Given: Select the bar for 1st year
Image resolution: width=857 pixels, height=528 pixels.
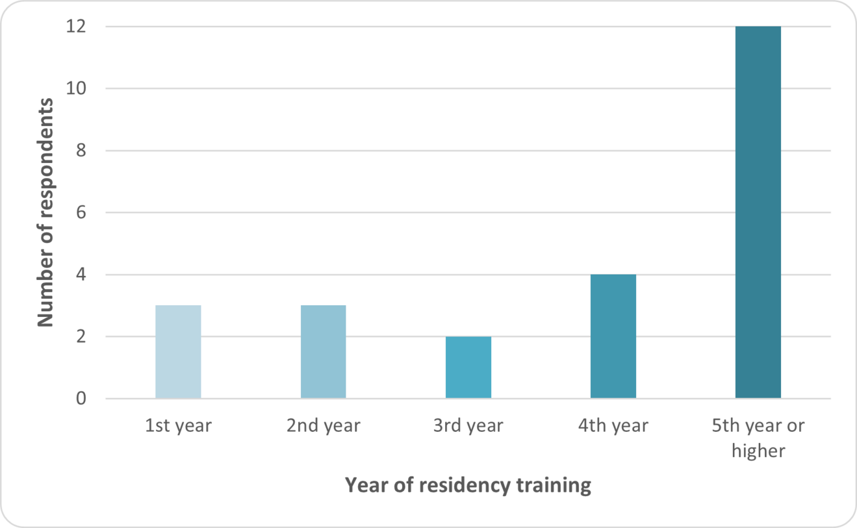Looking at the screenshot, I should point(178,351).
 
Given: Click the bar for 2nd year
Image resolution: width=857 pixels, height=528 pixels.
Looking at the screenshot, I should point(323,351).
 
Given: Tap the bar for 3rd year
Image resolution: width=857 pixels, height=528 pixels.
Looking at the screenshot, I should point(468,367).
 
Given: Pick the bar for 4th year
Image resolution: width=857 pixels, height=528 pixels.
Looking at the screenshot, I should point(613,336).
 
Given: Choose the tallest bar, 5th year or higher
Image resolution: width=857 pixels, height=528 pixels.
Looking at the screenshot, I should point(758,212).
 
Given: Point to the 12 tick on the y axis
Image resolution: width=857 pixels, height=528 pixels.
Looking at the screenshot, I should point(76,27).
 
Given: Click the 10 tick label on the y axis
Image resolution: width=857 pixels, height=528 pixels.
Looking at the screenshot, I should point(76,88).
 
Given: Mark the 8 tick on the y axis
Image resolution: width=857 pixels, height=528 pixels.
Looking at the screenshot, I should point(79,151).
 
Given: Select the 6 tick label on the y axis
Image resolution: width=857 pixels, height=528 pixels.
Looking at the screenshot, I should point(79,212).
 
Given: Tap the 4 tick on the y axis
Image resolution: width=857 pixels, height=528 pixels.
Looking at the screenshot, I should point(79,275).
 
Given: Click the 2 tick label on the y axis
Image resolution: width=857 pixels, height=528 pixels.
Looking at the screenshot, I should point(79,336).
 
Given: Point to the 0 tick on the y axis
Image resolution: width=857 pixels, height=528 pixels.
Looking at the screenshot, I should point(79,398).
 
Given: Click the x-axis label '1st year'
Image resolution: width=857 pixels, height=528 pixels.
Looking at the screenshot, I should point(178,426).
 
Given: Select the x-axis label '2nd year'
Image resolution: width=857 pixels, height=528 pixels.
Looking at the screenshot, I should point(323,426).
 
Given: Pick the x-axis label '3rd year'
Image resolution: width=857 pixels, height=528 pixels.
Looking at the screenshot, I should point(468,426).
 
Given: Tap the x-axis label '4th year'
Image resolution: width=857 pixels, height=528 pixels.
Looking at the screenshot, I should point(613,426).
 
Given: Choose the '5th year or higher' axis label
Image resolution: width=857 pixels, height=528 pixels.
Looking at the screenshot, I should point(758,438).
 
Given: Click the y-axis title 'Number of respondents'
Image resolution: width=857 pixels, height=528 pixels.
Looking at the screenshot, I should point(45,212).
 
